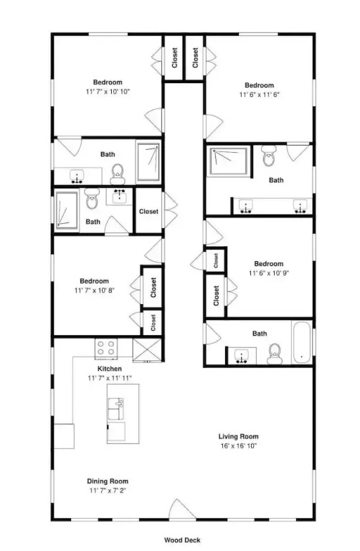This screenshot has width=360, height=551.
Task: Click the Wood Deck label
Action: click(182, 540)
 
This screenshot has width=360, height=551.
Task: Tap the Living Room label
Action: click(239, 436)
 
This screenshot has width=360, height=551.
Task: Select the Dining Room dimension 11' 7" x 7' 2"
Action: click(108, 490)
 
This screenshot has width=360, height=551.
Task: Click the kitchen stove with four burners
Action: click(106, 348)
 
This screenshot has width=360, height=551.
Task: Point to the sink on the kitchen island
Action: click(115, 409)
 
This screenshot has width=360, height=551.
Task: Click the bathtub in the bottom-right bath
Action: click(302, 344)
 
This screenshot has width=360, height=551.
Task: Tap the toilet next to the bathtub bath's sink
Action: click(274, 354)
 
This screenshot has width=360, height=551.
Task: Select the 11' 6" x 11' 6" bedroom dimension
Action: click(259, 95)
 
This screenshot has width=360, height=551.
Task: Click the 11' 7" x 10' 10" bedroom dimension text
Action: click(108, 92)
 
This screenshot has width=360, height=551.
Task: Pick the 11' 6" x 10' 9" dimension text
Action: click(269, 273)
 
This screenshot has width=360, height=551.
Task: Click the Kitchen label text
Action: click(110, 369)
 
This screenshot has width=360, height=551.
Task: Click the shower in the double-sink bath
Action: click(229, 161)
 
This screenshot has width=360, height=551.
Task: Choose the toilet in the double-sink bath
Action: click(269, 156)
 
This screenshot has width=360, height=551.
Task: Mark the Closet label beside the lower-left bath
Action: click(148, 211)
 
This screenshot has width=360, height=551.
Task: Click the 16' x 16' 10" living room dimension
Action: click(239, 446)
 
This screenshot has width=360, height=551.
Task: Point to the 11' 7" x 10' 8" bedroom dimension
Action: click(95, 291)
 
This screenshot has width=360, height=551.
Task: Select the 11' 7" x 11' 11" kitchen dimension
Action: click(110, 378)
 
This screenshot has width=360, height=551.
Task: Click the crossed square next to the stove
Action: click(147, 349)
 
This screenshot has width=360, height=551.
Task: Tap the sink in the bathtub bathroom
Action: click(242, 356)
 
